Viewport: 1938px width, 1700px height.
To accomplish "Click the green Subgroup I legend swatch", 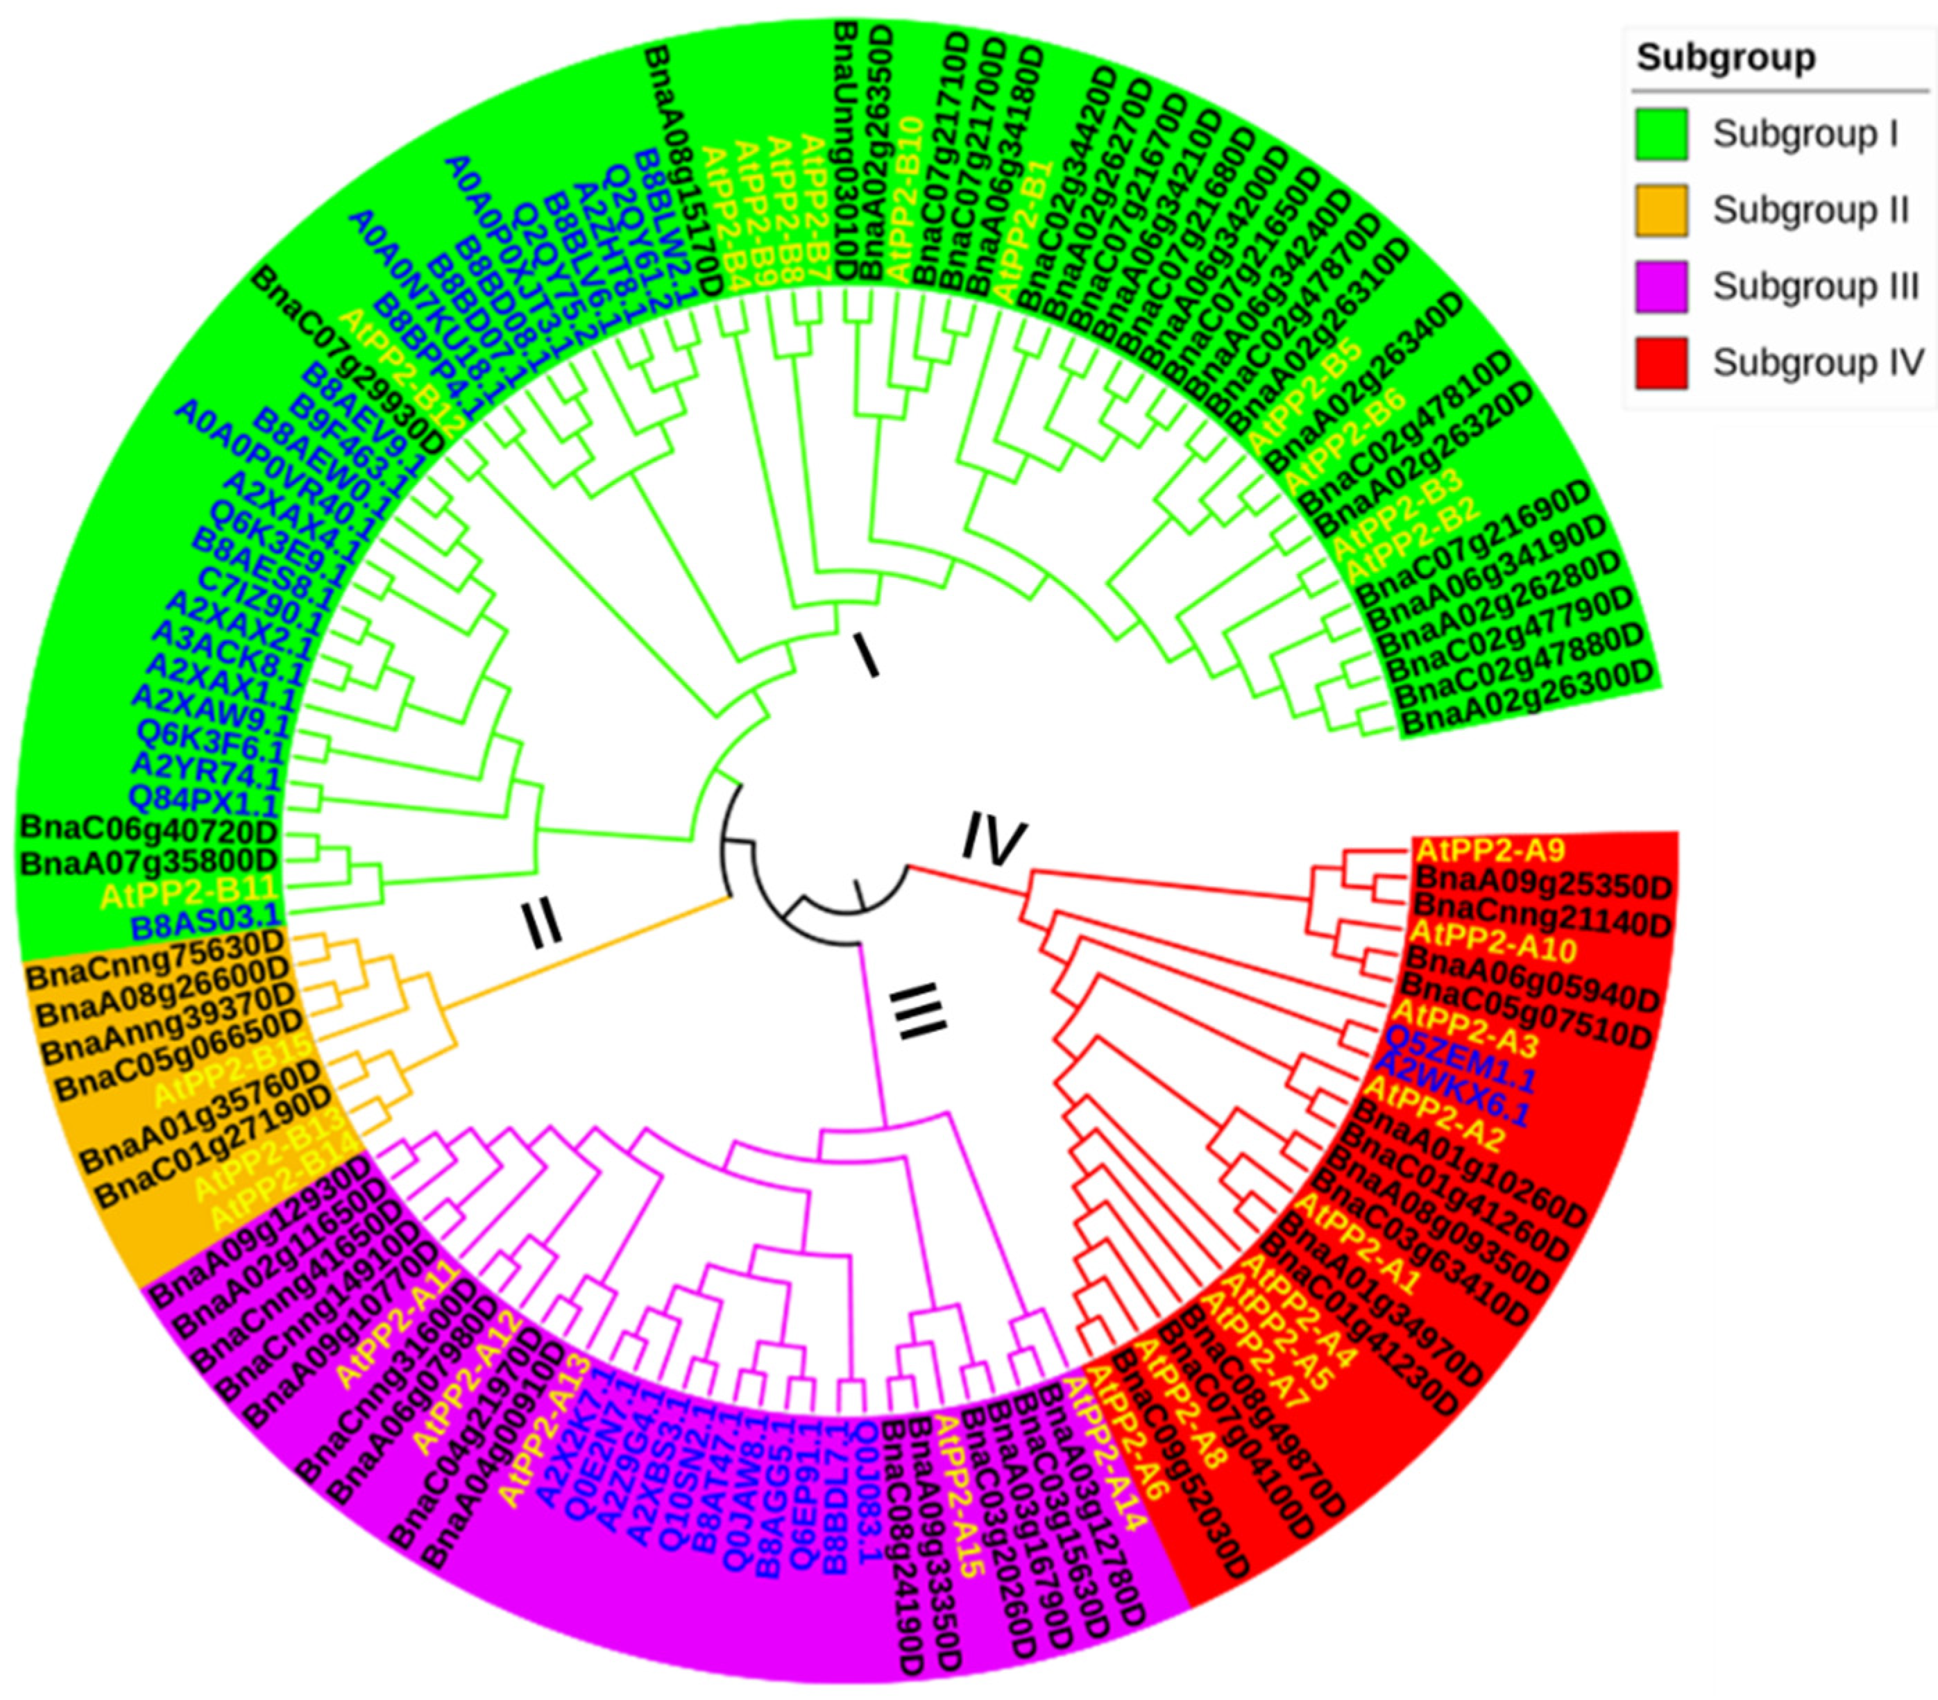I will [1661, 134].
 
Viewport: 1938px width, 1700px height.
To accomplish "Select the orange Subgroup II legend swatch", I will [1661, 210].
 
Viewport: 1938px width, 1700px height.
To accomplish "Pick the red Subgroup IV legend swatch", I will [1661, 362].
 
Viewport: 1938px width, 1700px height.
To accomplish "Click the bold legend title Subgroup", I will [1726, 58].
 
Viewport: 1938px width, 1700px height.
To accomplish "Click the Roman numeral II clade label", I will [543, 924].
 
